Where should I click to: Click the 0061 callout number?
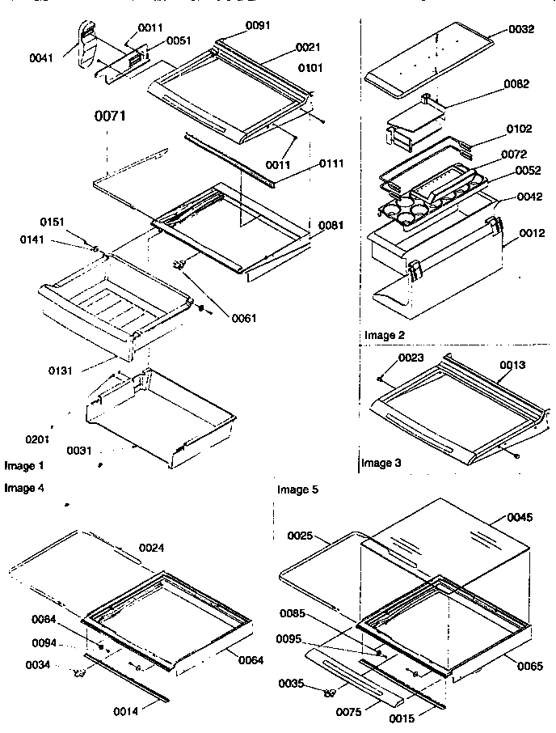tap(242, 318)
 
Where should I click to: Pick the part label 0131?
tap(59, 371)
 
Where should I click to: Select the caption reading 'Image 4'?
tap(25, 488)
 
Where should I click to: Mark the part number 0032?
tap(521, 29)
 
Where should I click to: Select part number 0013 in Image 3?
tap(512, 365)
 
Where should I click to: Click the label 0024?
tap(152, 548)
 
